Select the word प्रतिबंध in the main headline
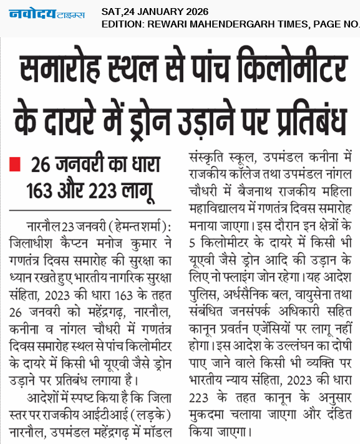[x=304, y=121]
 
